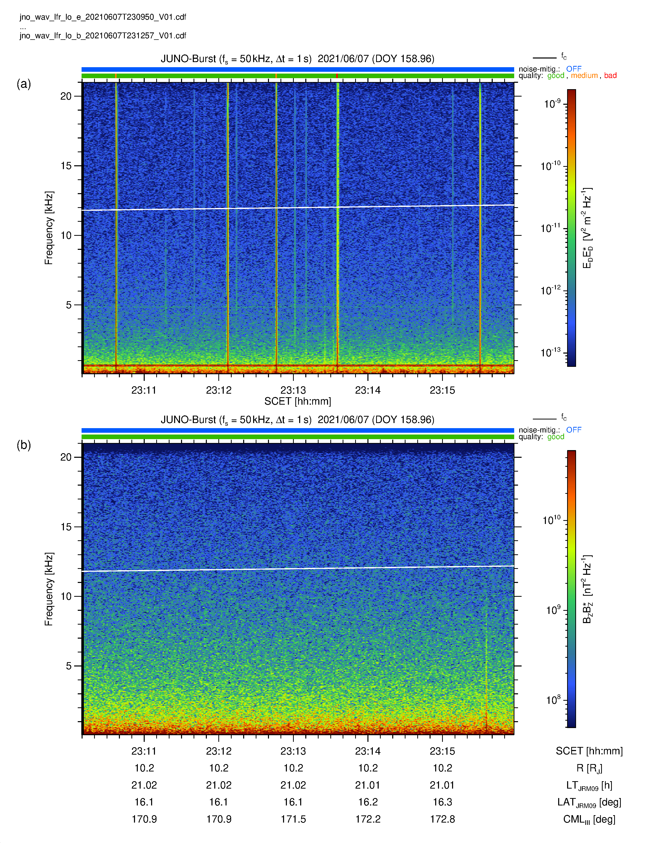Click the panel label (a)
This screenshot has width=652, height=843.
[24, 84]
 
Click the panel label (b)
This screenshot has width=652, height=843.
[24, 445]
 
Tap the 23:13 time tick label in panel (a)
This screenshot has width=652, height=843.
[293, 390]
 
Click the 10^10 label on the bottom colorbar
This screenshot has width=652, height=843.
[552, 520]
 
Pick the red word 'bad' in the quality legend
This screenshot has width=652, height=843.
[610, 76]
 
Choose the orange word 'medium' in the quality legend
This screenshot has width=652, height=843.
[584, 76]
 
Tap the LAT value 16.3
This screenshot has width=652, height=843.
[443, 802]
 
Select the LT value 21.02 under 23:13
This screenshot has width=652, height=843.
[293, 785]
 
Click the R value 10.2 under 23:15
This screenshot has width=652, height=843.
[443, 768]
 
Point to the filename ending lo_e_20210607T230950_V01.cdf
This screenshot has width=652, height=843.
[103, 17]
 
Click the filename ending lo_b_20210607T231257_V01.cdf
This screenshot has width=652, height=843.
[103, 36]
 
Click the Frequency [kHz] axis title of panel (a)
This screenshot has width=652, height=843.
[49, 228]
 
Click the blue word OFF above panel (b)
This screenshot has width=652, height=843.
[574, 430]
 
